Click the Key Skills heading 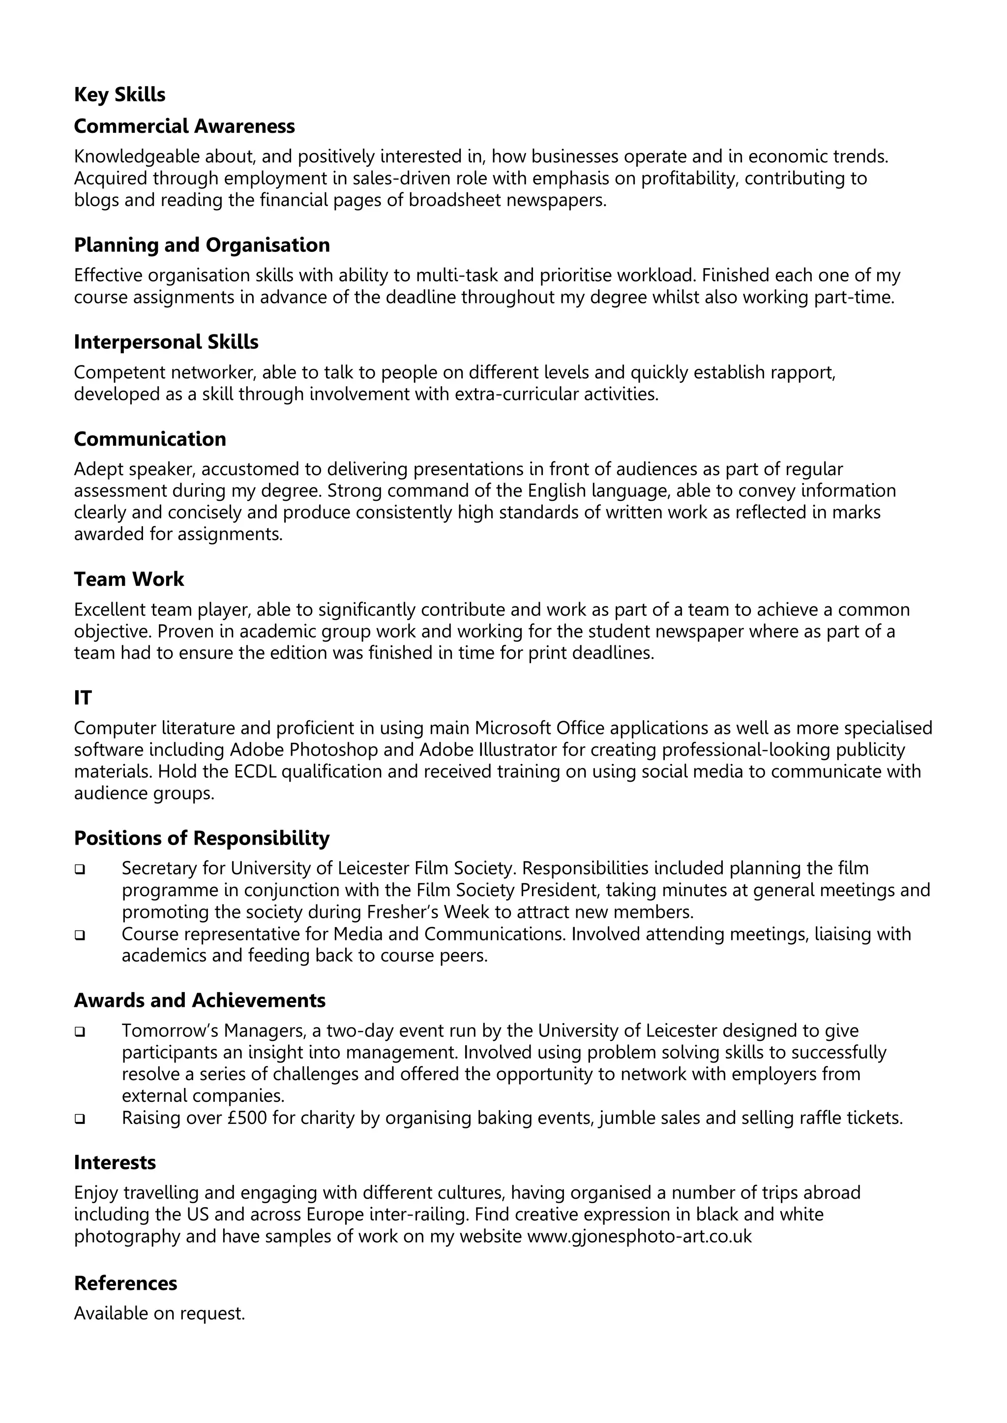point(119,95)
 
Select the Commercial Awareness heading point(184,126)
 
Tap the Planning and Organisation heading point(202,245)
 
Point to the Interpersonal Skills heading point(166,342)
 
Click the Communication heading point(150,439)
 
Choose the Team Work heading point(129,579)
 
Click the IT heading point(83,698)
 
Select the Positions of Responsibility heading point(202,838)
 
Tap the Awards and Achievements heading point(200,1000)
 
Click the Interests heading point(115,1162)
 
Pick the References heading point(125,1283)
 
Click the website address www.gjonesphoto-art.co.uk point(639,1236)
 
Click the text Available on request point(159,1313)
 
